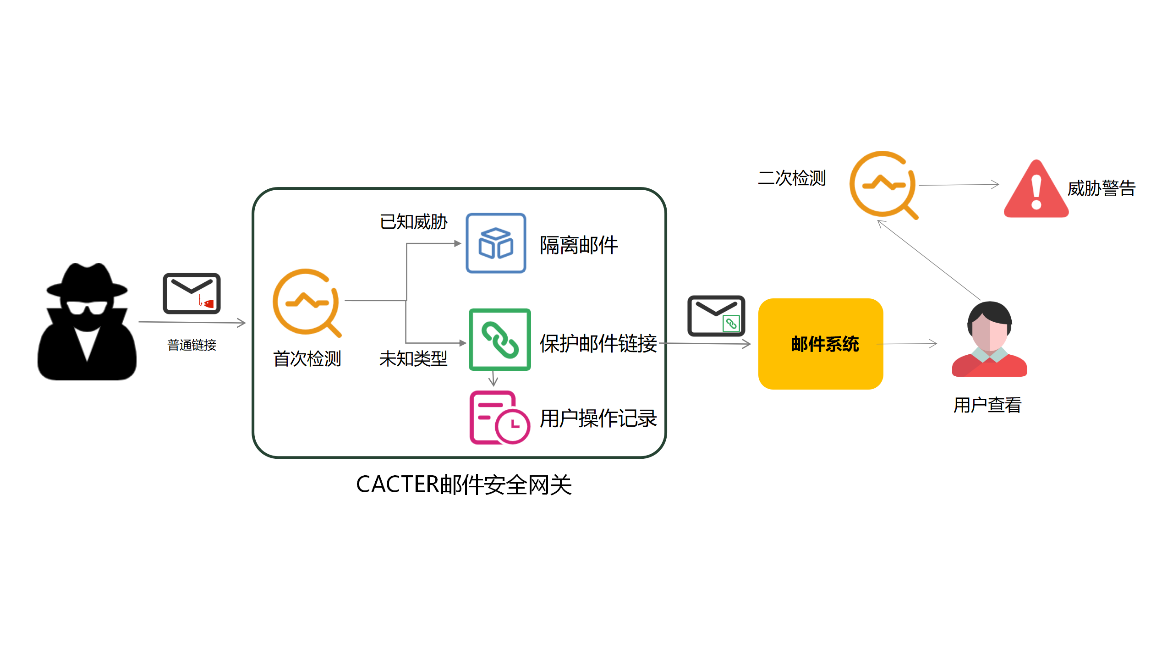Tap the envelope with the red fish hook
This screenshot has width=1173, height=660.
[x=192, y=294]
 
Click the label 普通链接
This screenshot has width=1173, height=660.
[x=192, y=345]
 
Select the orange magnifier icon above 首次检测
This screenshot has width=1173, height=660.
[x=306, y=302]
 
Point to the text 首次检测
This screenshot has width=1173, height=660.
[x=307, y=359]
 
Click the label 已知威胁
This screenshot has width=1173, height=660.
[x=413, y=222]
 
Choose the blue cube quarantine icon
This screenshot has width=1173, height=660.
[x=496, y=243]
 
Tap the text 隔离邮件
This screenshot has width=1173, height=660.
[x=579, y=245]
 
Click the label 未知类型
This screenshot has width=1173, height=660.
[x=413, y=359]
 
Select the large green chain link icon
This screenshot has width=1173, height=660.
[x=499, y=340]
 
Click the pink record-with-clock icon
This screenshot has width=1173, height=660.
[x=499, y=418]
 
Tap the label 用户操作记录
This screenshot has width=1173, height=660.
[x=598, y=418]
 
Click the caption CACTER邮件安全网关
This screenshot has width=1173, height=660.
[x=464, y=485]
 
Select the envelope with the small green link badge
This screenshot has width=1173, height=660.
[x=716, y=316]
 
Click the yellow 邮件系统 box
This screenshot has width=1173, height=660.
[x=820, y=344]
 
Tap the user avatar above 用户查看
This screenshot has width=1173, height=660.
[x=989, y=340]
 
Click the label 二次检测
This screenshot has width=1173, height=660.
[x=792, y=178]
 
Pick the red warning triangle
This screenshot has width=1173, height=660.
[x=1036, y=190]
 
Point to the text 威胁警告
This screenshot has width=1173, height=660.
[x=1101, y=188]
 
